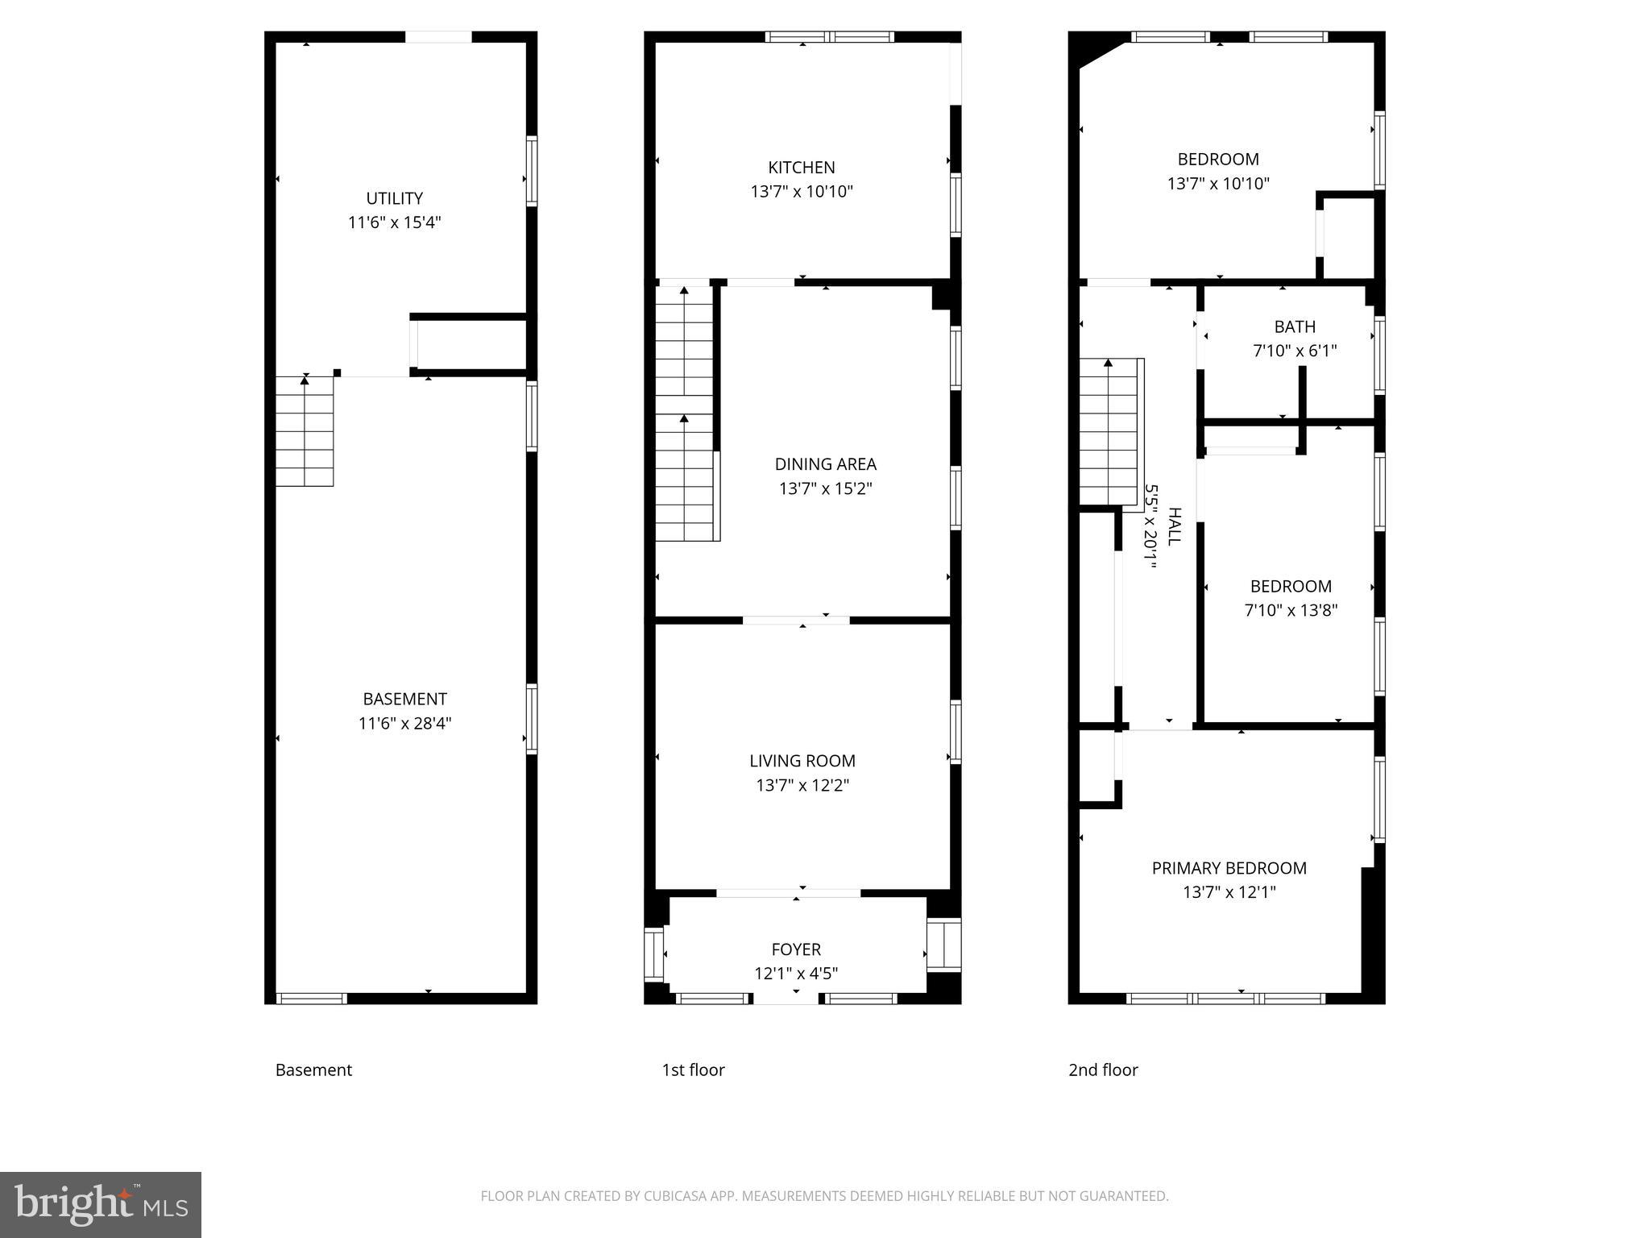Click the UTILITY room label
394,198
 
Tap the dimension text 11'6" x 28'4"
404,724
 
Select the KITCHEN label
801,168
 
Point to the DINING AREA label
825,464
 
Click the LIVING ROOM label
802,761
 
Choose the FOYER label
795,949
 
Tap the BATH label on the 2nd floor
1294,327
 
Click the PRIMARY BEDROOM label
1229,868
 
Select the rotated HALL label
1174,526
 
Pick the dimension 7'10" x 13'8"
1291,611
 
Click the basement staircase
305,432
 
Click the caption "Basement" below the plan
313,1070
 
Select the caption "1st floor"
693,1070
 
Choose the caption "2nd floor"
1103,1070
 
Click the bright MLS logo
101,1205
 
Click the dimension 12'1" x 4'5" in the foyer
795,974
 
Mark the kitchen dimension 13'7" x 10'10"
801,192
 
